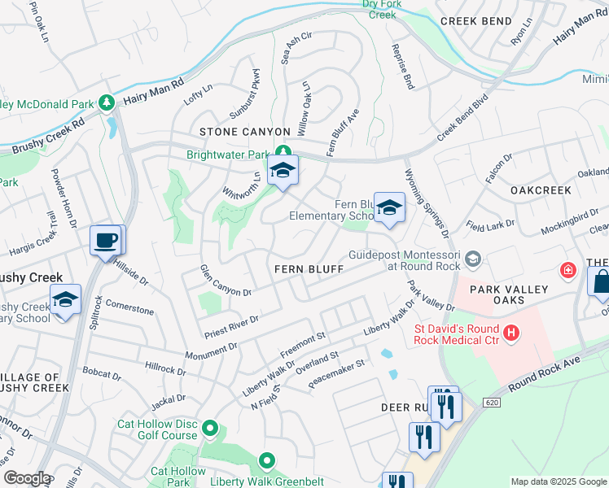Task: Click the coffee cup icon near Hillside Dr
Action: coord(107,240)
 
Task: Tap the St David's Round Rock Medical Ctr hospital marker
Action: coord(511,332)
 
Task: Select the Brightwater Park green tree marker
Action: coord(283,151)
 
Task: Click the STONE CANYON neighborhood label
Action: coord(245,132)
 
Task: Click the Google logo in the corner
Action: coord(27,478)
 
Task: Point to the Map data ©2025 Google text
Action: coord(558,481)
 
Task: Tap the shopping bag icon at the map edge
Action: coord(600,282)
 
